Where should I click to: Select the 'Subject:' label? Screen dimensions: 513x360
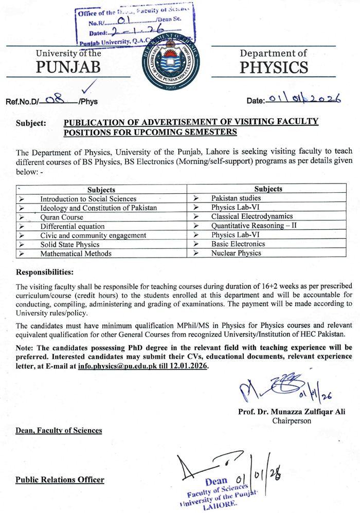point(32,124)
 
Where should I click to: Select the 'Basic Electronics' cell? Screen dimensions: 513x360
point(238,244)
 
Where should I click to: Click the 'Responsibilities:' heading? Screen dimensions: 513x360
point(45,270)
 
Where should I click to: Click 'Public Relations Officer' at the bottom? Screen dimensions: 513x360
point(60,480)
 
